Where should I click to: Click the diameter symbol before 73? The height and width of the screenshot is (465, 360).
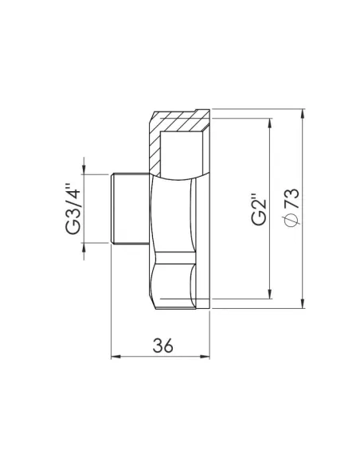pos(290,222)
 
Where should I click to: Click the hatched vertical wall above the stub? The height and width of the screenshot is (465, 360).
pos(155,151)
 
